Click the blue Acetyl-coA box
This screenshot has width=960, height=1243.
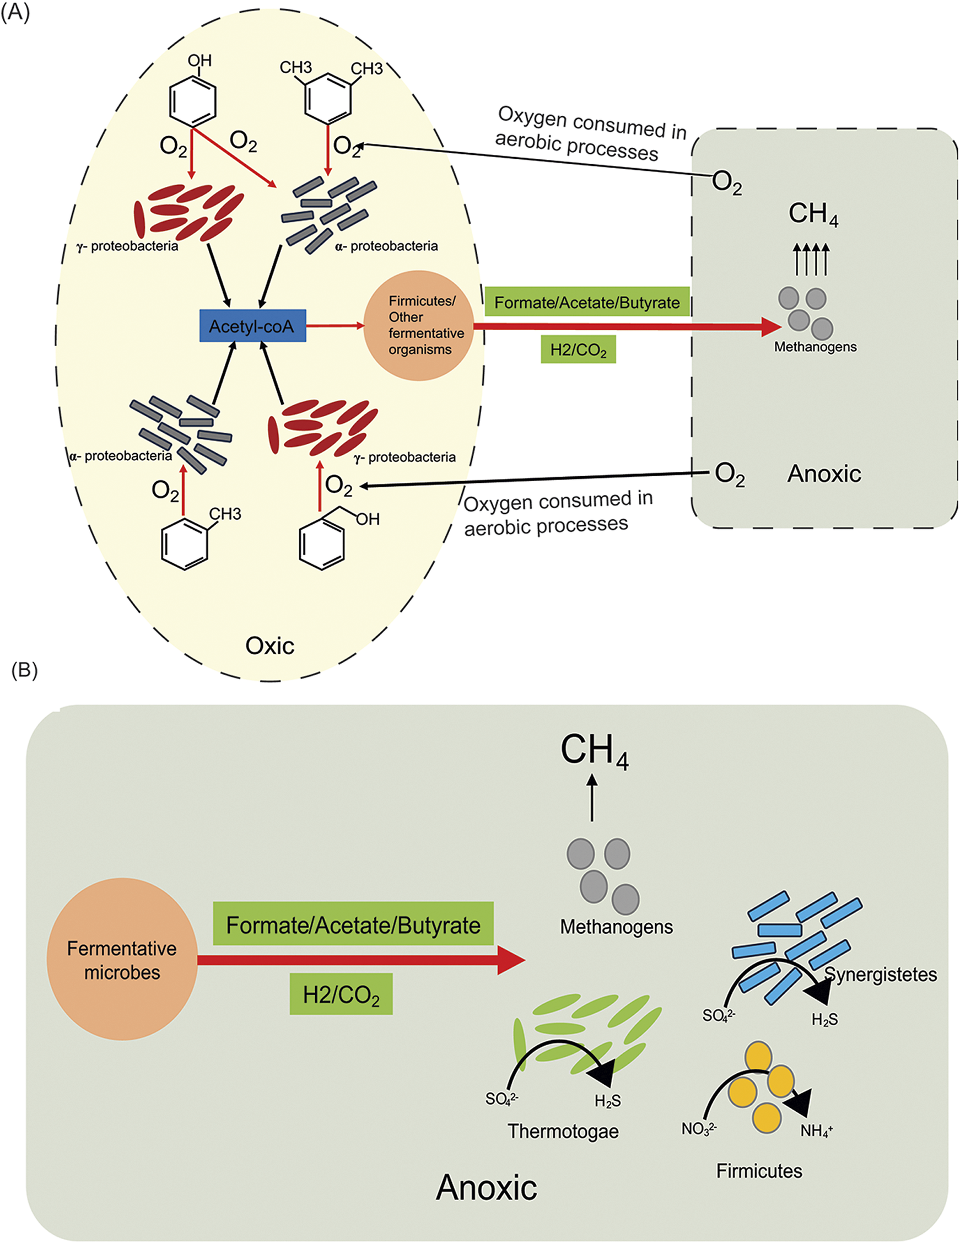click(252, 326)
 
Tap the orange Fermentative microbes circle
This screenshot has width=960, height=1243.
click(122, 960)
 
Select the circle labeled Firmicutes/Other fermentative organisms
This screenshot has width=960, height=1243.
click(419, 326)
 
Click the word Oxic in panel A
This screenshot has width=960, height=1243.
click(269, 646)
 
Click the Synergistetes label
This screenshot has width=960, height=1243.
click(880, 975)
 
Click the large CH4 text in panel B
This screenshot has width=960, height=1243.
click(594, 751)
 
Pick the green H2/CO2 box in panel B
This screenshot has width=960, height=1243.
click(341, 994)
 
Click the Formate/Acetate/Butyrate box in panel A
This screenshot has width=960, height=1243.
click(587, 302)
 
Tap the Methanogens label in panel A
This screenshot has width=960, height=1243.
click(815, 347)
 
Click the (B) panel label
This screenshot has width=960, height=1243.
click(24, 670)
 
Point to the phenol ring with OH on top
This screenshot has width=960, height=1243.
click(193, 101)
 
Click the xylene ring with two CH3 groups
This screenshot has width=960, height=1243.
click(328, 101)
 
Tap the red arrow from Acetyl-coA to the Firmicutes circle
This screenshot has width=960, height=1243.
click(335, 326)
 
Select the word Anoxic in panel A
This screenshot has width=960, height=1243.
click(823, 473)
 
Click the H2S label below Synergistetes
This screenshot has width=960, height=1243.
click(824, 1019)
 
